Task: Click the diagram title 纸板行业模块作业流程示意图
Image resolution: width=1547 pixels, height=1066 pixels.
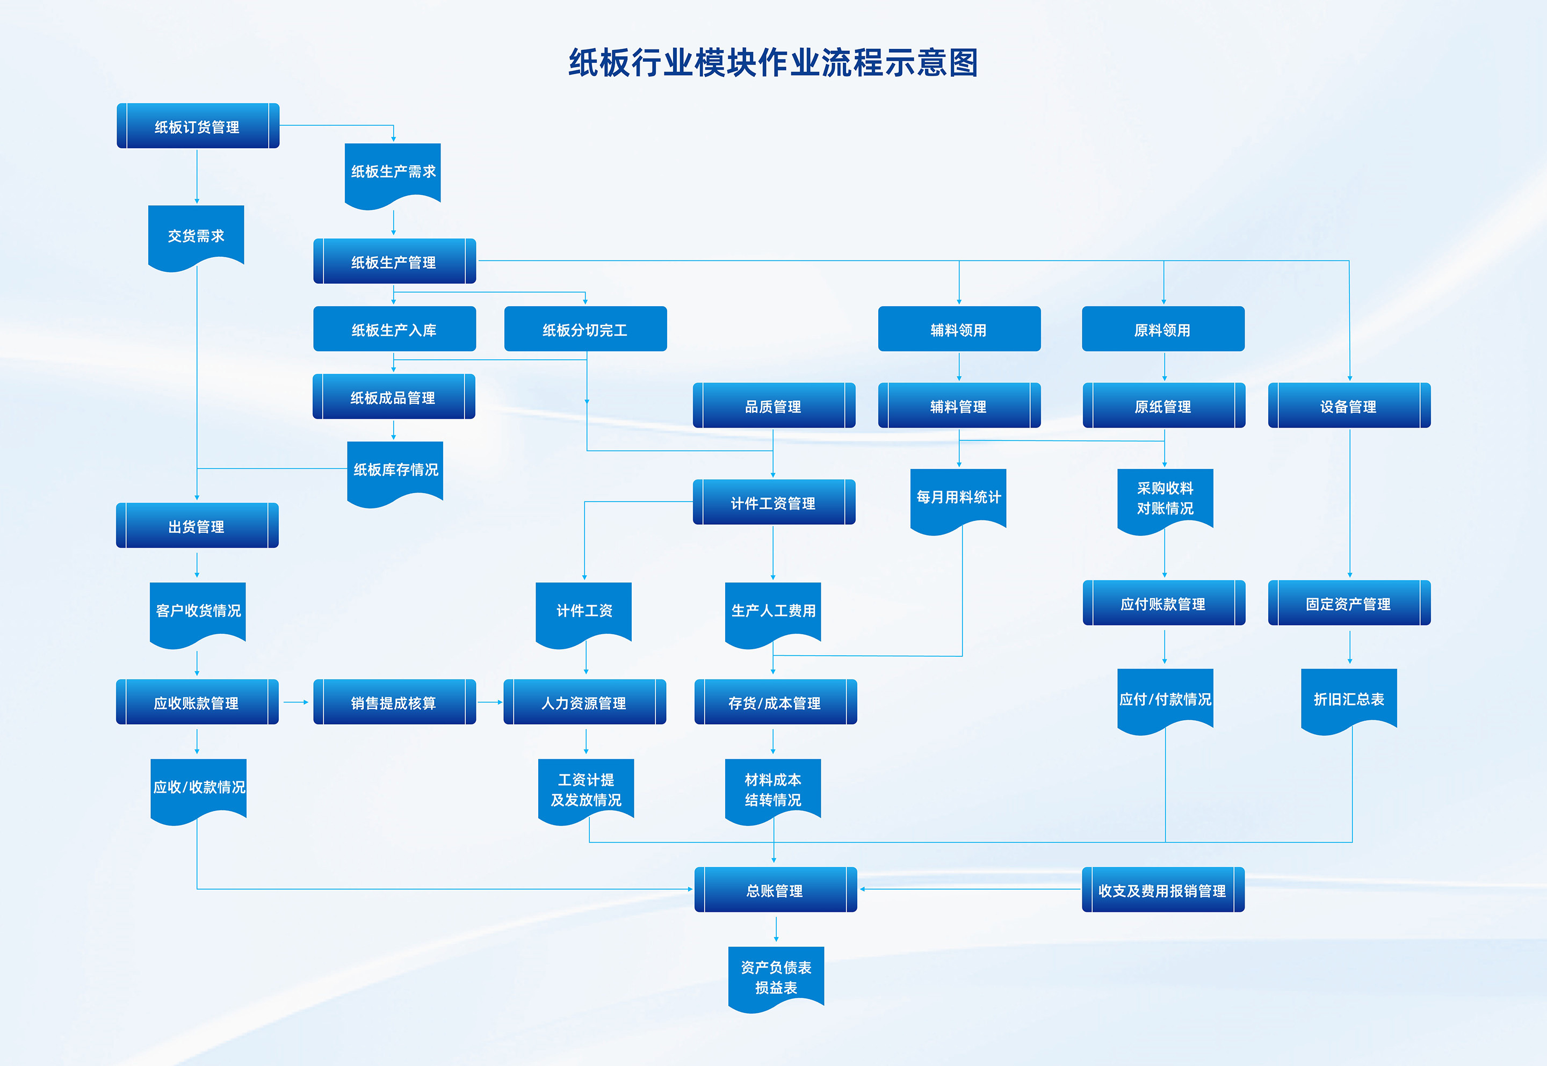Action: (x=773, y=63)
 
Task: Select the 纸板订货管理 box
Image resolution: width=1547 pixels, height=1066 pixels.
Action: (x=198, y=126)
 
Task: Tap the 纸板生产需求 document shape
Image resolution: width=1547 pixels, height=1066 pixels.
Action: (x=393, y=172)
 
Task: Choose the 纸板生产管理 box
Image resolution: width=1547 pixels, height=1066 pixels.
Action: (x=394, y=262)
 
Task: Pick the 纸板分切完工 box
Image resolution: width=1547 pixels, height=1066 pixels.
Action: (x=585, y=329)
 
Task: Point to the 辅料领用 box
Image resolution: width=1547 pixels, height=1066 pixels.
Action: (x=958, y=329)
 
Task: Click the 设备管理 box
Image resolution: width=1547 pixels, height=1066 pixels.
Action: (x=1349, y=406)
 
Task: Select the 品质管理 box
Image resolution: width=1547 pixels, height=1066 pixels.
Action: (x=773, y=406)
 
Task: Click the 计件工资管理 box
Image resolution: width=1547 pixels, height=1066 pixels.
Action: (x=773, y=502)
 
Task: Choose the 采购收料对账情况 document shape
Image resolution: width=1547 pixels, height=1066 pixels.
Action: (x=1165, y=498)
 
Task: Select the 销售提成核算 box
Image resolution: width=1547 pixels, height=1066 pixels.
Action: (x=394, y=702)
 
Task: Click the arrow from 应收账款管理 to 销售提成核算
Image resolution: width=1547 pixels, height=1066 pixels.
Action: (x=296, y=702)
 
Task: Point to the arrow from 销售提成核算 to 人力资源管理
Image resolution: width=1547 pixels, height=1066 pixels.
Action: (x=490, y=702)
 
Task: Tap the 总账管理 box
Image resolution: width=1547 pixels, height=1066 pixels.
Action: (x=775, y=890)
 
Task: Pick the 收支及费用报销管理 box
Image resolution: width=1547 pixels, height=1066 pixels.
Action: (x=1162, y=890)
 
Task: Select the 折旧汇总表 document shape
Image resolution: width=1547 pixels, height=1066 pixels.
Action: (x=1349, y=699)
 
